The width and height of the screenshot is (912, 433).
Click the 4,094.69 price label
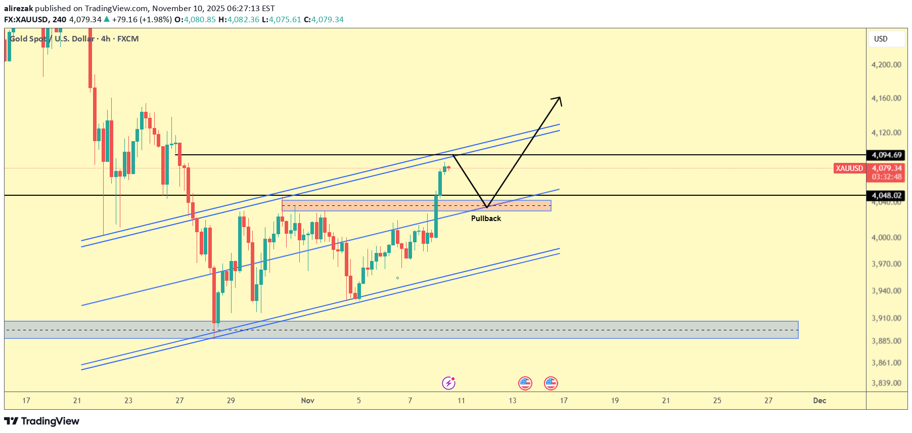886,155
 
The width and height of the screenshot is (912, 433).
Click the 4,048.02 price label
886,195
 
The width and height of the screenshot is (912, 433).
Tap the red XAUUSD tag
849,168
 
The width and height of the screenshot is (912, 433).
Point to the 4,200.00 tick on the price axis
886,65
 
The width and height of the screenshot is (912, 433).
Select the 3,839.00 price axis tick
886,383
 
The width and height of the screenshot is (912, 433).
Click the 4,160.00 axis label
886,98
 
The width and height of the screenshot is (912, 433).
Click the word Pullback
486,219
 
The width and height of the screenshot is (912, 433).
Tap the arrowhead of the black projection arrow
559,99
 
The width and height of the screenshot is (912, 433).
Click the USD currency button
881,39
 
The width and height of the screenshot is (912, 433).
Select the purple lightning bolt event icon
448,383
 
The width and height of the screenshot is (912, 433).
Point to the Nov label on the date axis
307,401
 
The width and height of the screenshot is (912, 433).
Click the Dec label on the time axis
819,401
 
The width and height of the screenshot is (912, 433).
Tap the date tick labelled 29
231,401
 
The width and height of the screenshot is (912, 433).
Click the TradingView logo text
50,421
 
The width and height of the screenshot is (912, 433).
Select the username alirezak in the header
19,8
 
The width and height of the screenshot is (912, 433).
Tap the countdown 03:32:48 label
886,177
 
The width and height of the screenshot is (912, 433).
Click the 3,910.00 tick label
886,318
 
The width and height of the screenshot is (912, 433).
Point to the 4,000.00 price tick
886,237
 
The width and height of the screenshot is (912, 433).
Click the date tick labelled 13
513,401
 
